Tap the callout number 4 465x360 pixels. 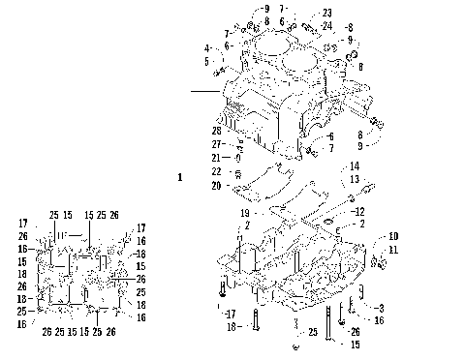tap(206, 47)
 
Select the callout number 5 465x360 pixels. tap(206, 61)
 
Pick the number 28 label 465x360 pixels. tap(217, 130)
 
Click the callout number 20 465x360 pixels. tap(216, 185)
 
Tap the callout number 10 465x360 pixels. tap(393, 236)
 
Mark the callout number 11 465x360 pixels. tap(393, 250)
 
